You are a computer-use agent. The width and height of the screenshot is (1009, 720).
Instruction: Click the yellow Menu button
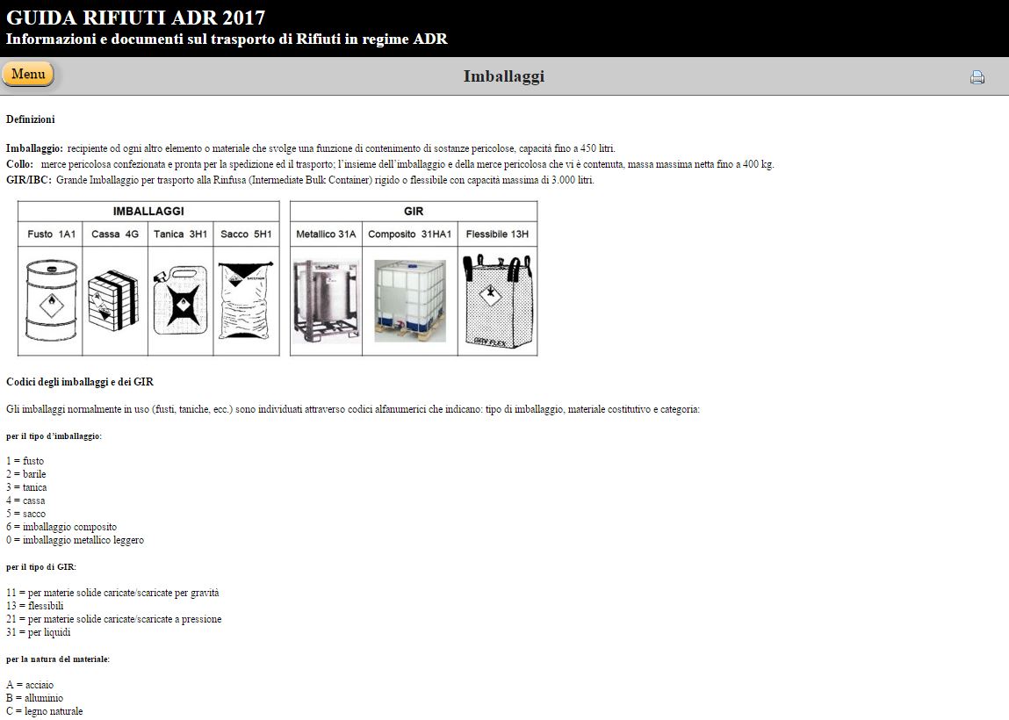(x=28, y=74)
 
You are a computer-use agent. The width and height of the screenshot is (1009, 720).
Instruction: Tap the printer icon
(x=977, y=77)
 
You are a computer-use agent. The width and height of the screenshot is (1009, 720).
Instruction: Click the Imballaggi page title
(x=504, y=76)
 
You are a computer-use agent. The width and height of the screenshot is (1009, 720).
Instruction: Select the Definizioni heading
(x=30, y=119)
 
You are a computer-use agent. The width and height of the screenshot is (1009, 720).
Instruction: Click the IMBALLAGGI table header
(x=148, y=211)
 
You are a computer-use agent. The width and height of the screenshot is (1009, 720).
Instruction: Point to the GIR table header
(x=414, y=211)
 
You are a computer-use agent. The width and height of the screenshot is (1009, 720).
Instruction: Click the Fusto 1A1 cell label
(x=52, y=234)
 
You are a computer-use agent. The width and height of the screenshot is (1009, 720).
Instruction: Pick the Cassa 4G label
(x=115, y=234)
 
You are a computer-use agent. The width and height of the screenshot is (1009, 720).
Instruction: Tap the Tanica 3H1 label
(x=180, y=234)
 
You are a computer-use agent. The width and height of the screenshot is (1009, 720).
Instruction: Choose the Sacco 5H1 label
(x=247, y=234)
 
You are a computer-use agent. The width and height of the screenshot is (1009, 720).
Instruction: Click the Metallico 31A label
(x=326, y=234)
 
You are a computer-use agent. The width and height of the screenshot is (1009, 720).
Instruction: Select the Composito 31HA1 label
(x=410, y=234)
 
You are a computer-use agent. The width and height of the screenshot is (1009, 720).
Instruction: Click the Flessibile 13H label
(x=497, y=234)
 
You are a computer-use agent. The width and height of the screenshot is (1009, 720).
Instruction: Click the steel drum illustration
(x=51, y=299)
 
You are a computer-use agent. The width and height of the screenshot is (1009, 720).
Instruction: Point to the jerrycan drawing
(x=180, y=299)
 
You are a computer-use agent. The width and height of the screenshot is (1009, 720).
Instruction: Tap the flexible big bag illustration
(x=497, y=301)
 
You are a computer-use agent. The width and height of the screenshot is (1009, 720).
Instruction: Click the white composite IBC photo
(x=410, y=301)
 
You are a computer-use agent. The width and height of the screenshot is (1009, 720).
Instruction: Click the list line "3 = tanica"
(x=26, y=487)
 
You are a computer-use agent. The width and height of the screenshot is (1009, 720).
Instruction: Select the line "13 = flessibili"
(x=35, y=606)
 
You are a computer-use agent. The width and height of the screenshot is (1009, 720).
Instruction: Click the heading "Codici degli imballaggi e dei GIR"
(x=80, y=382)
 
